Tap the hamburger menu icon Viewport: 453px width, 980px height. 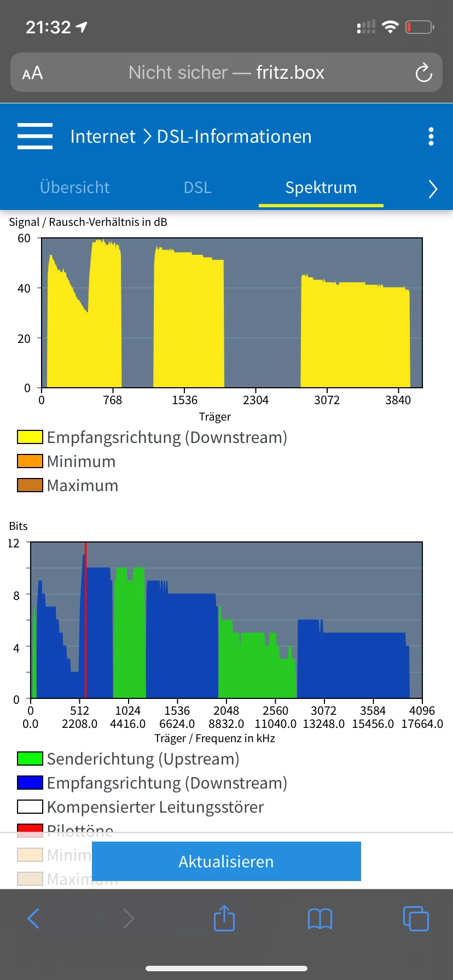click(x=35, y=136)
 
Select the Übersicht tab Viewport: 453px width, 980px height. click(x=75, y=188)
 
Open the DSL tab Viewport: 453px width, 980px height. click(x=198, y=188)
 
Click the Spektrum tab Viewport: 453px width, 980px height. click(x=321, y=188)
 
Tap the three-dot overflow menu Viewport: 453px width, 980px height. click(x=431, y=136)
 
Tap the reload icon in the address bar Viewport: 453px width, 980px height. click(x=423, y=73)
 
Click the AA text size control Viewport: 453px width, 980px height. click(x=32, y=73)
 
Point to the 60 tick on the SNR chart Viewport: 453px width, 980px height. click(x=24, y=238)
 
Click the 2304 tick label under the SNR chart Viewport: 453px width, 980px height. click(x=255, y=400)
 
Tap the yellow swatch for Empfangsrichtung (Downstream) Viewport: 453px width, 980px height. click(x=30, y=437)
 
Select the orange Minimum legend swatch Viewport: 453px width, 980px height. click(x=30, y=461)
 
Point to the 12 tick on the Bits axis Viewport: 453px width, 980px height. click(x=14, y=544)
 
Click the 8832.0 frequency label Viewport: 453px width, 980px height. click(x=226, y=724)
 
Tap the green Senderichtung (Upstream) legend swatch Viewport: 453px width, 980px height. click(x=30, y=759)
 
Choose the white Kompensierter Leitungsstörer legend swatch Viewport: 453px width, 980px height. click(x=30, y=807)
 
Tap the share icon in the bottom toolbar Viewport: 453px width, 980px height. click(x=224, y=918)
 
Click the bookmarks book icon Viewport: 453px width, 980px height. click(x=320, y=919)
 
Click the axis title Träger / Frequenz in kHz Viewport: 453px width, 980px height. click(x=214, y=738)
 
